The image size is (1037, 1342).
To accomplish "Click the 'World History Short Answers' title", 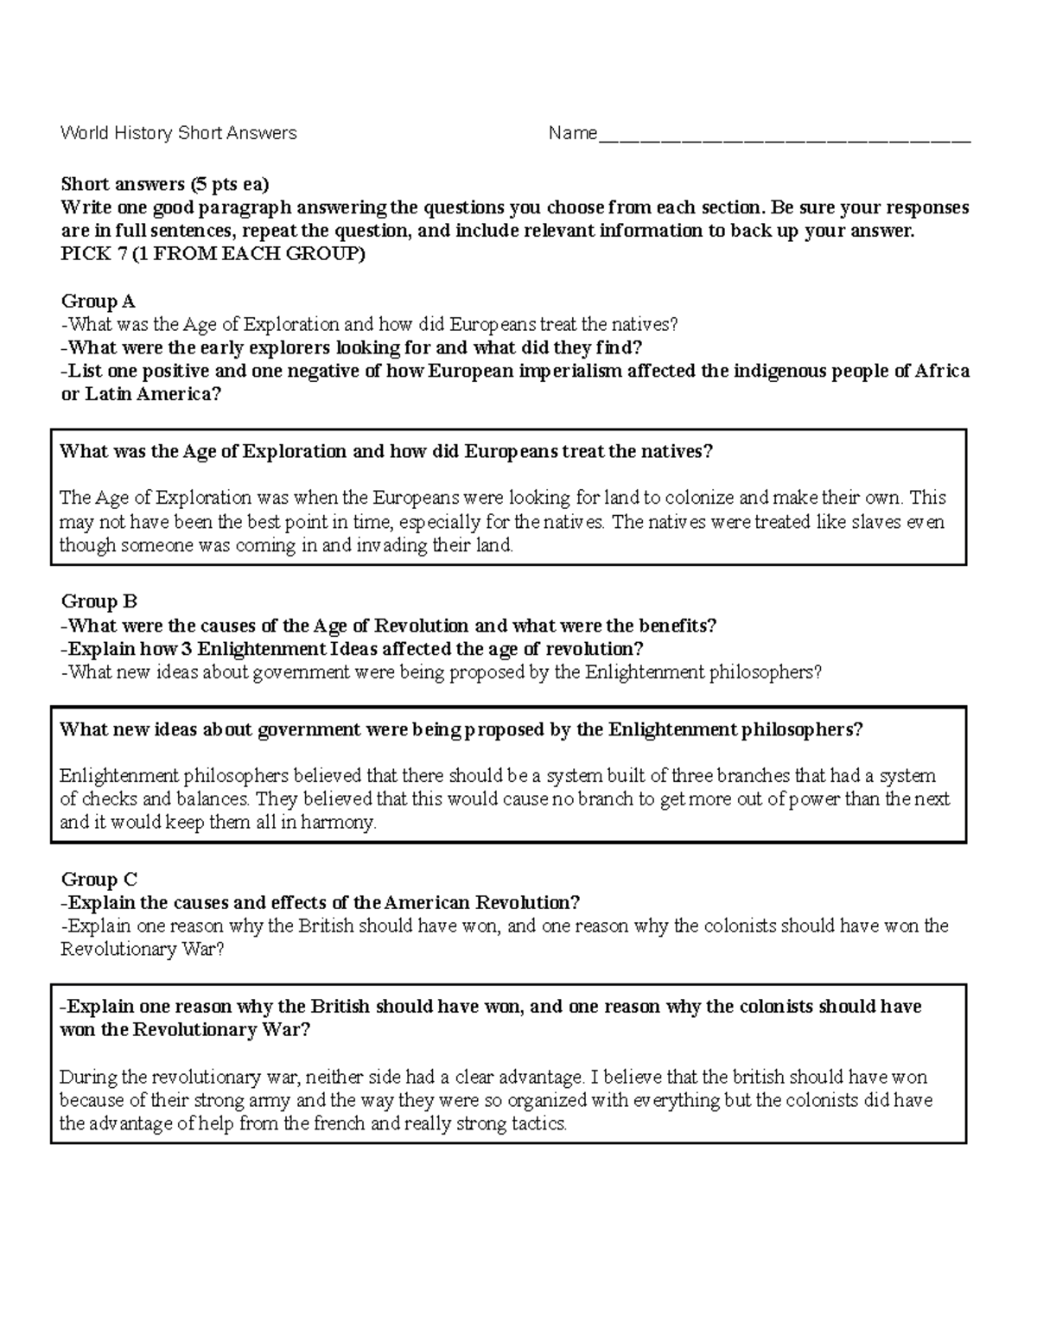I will point(178,133).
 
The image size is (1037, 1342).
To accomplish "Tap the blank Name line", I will point(785,135).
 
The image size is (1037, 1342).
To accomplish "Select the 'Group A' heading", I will point(98,302).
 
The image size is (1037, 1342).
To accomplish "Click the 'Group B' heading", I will point(99,602).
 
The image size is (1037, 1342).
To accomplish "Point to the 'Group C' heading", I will point(99,880).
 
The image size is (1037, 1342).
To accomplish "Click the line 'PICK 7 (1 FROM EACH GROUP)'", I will point(213,255).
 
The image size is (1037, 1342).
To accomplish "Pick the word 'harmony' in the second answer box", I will point(344,823).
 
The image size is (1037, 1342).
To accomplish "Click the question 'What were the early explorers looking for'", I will point(353,348).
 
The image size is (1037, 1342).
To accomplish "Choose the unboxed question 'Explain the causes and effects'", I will point(321,903).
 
